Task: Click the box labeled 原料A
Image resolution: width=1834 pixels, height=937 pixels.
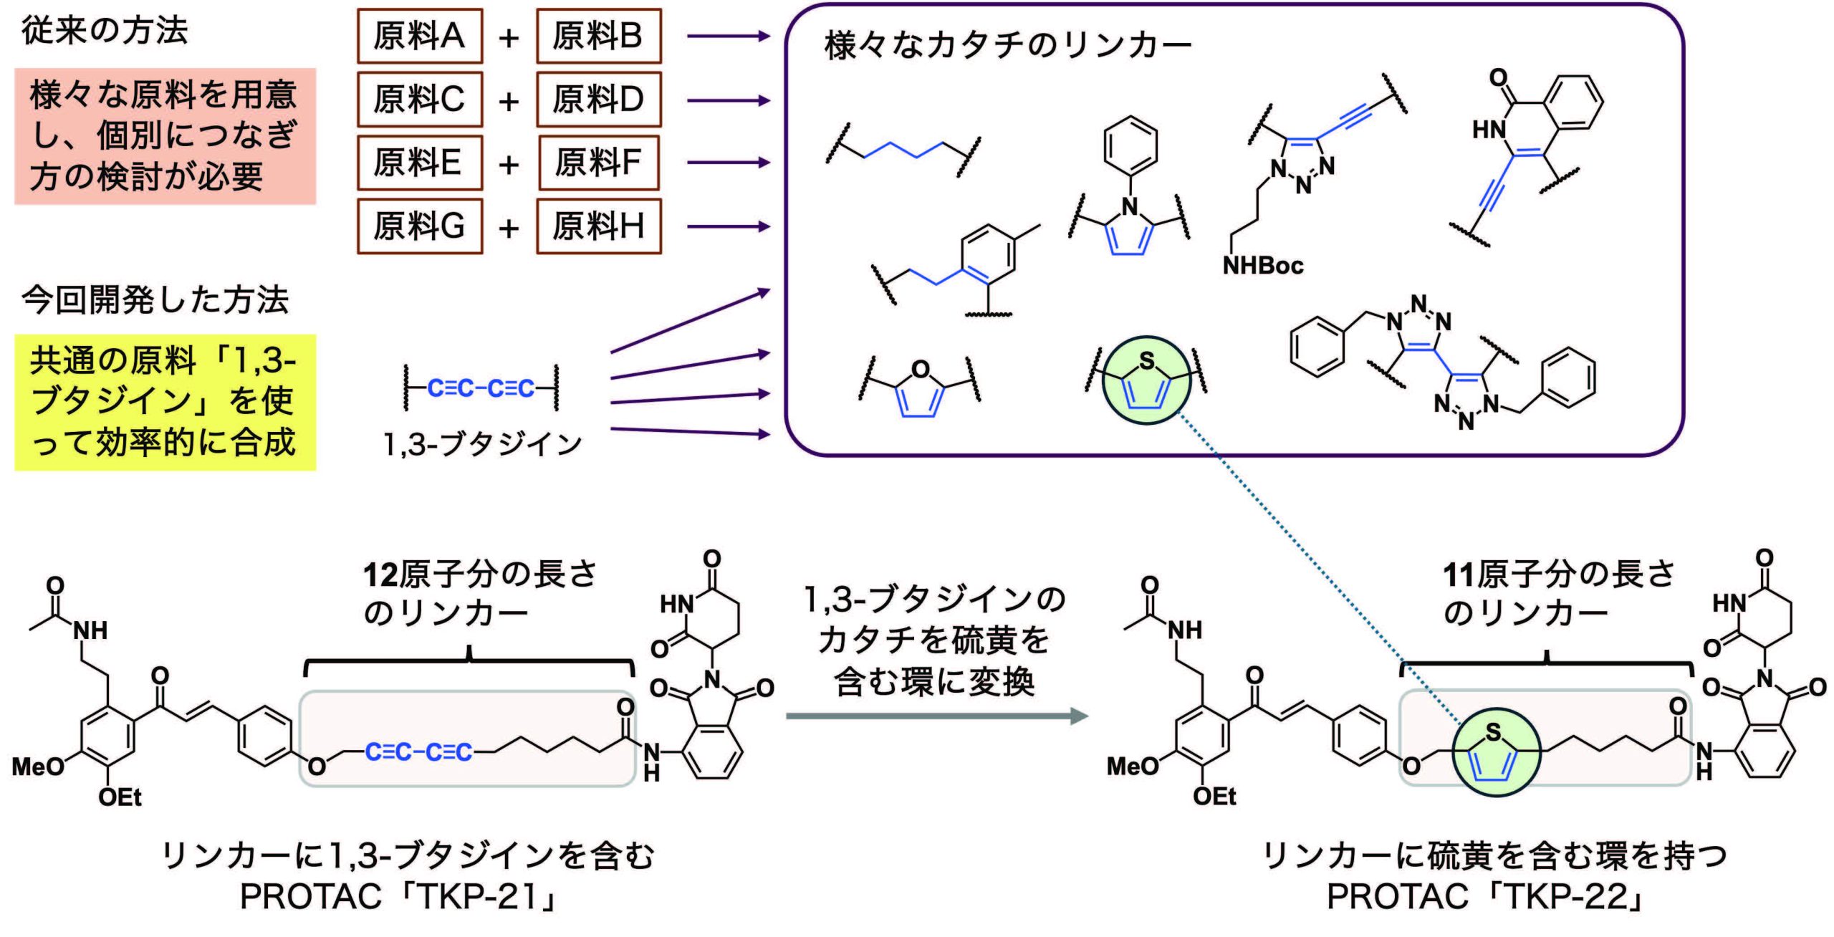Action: pos(420,37)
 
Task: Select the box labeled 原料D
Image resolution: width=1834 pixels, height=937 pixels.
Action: pos(598,100)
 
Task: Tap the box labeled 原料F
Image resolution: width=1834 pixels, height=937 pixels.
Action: pos(599,163)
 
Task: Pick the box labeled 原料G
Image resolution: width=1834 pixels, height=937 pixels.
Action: pos(420,227)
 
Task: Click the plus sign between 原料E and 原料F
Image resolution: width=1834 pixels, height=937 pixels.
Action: pos(509,165)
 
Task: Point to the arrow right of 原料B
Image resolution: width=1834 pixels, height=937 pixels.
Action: pos(727,36)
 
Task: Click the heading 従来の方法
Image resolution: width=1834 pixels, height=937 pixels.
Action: pos(105,31)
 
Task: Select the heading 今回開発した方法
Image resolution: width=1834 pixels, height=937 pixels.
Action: pos(155,299)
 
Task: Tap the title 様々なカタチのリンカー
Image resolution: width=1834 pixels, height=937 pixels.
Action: pos(1007,45)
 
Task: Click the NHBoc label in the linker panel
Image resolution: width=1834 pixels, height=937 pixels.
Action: pos(1262,266)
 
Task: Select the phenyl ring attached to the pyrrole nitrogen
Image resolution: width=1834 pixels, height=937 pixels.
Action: pos(1130,144)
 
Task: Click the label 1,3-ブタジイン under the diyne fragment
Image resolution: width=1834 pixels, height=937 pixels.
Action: pos(483,445)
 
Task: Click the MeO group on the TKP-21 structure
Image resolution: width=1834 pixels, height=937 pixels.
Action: pos(37,767)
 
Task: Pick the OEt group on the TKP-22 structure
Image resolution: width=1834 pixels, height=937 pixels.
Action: pos(1214,796)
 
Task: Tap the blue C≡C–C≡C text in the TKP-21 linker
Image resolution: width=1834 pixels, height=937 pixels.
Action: pos(418,752)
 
